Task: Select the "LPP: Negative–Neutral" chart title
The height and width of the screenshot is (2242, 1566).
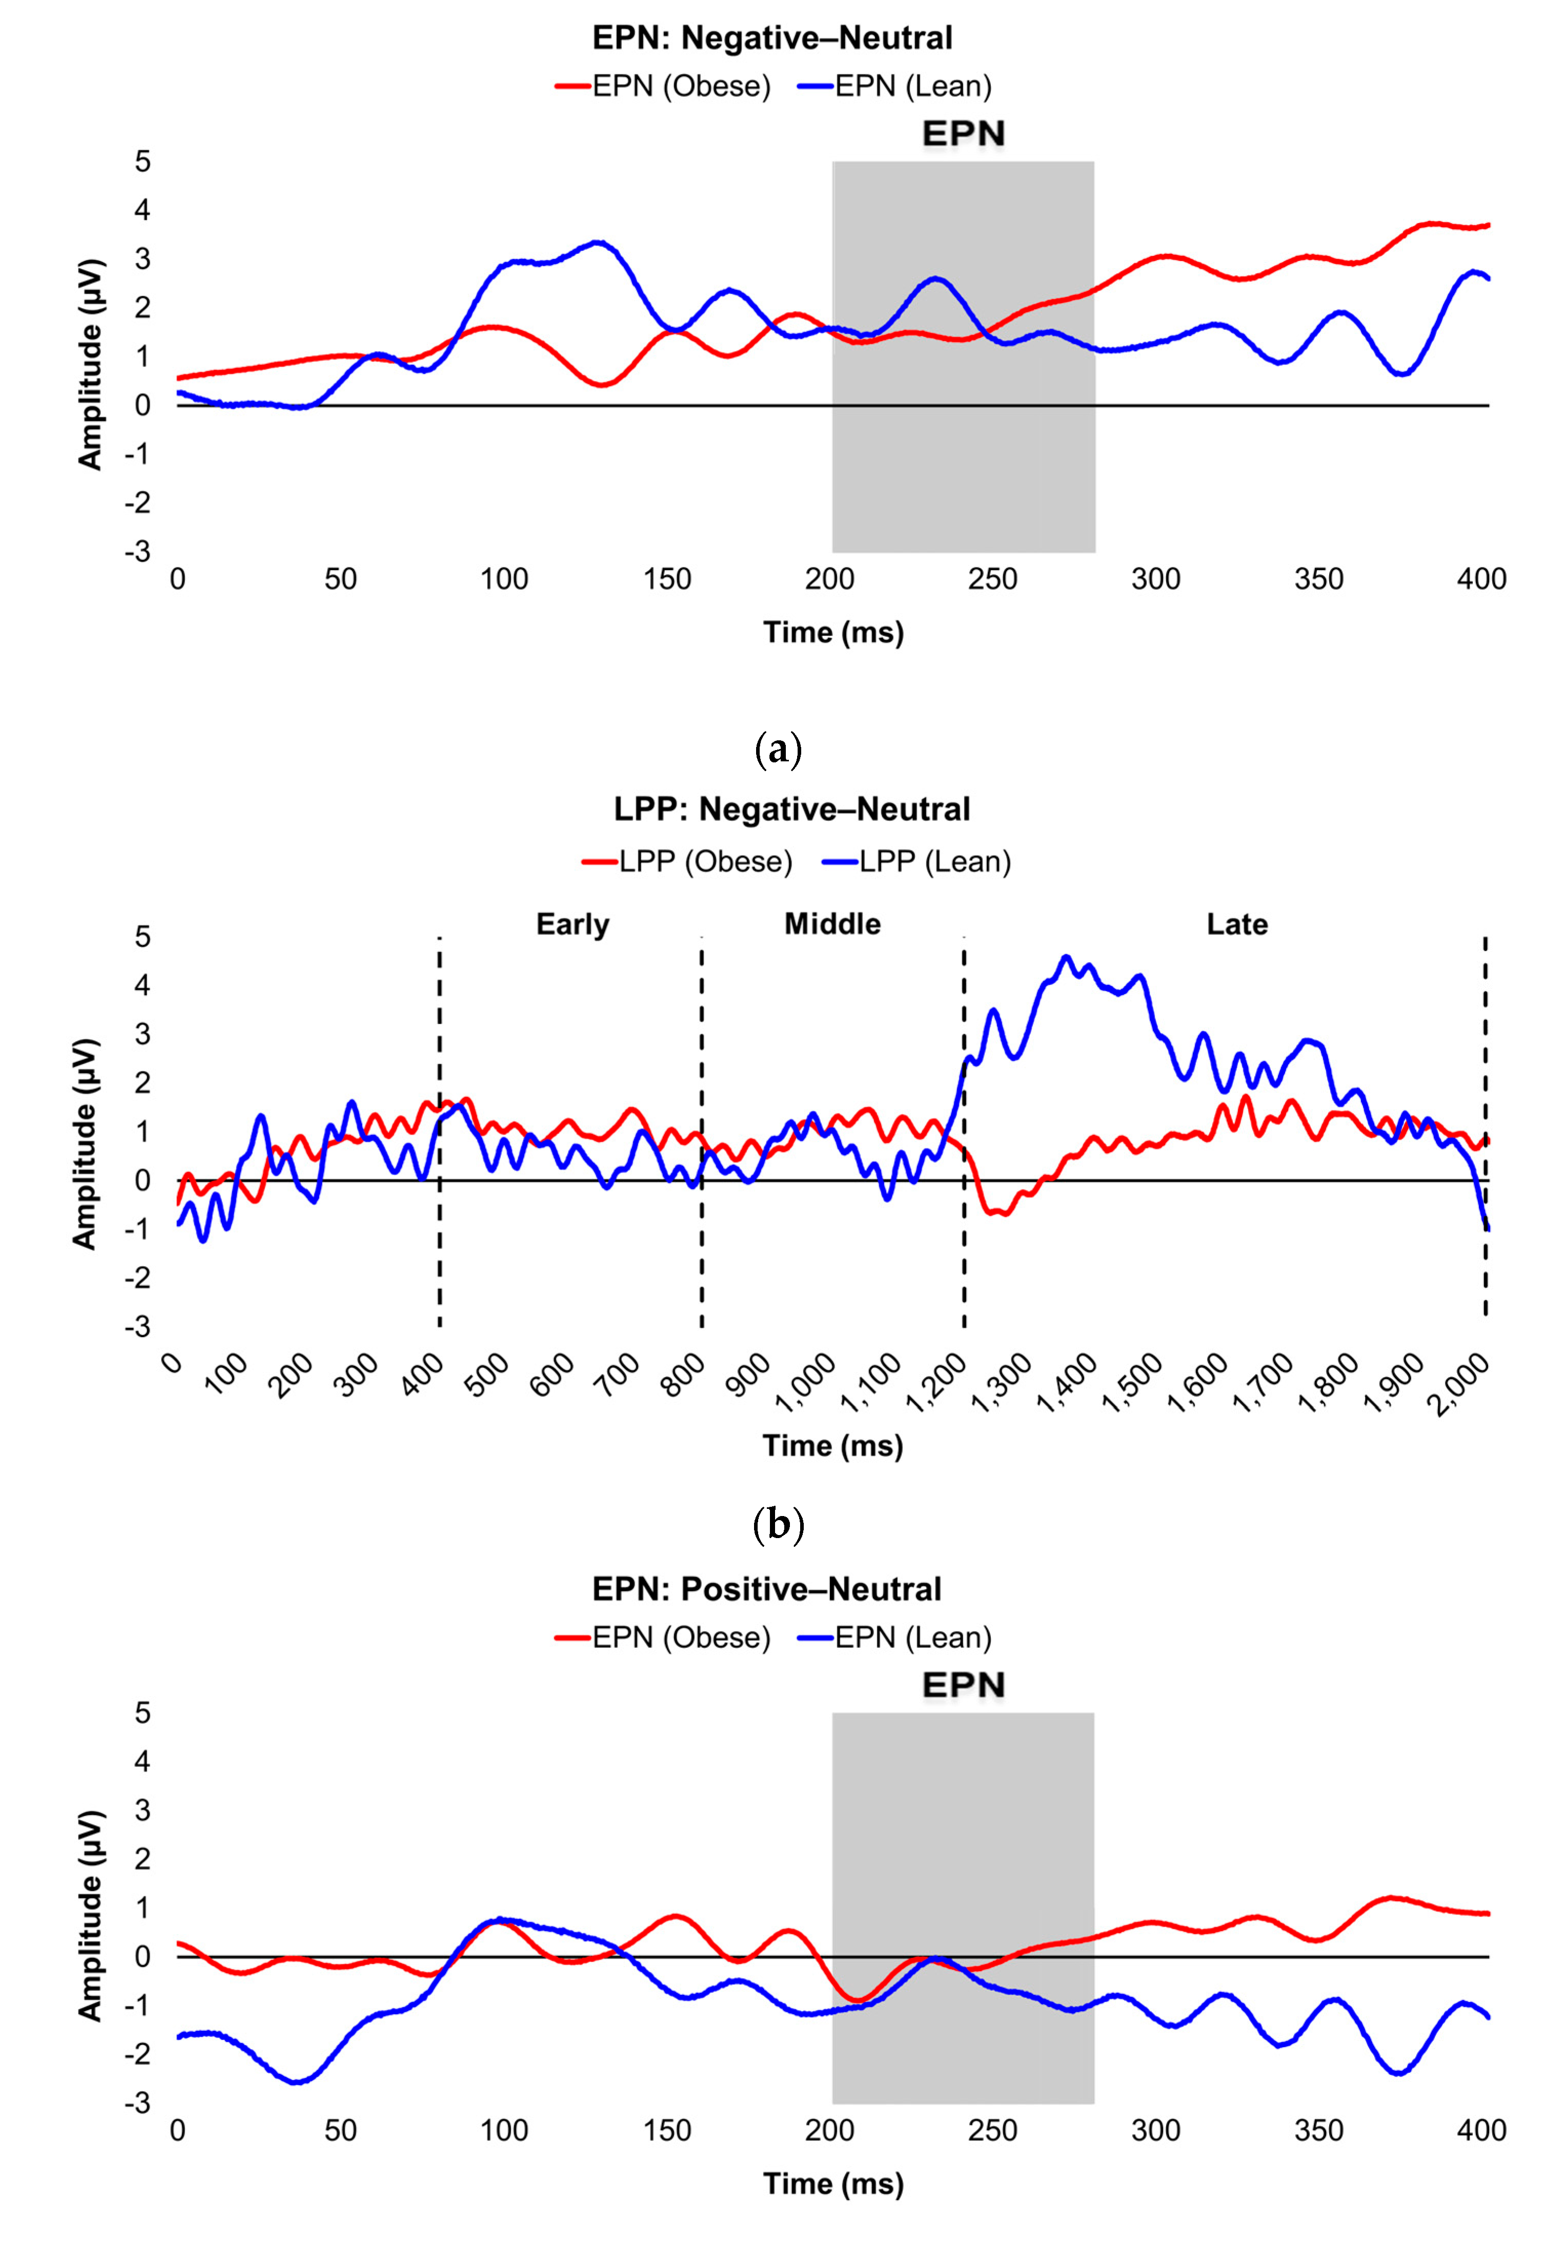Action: tap(792, 810)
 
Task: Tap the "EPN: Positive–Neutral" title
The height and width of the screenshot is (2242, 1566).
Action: tap(766, 1589)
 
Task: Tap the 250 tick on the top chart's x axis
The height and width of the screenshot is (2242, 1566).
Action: tap(993, 579)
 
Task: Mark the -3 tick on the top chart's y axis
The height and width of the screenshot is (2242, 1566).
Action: tap(138, 552)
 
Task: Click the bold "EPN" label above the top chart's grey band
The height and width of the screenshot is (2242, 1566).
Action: tap(964, 134)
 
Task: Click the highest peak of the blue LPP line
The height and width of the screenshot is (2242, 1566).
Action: tap(1066, 958)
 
